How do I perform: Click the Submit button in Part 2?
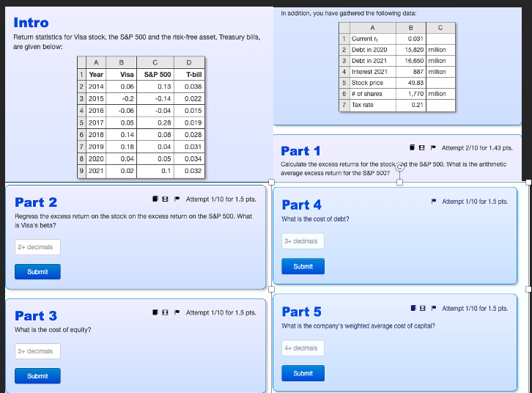37,271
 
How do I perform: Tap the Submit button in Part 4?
303,266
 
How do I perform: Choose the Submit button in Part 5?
303,373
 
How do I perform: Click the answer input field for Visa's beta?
37,247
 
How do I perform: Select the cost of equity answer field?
37,351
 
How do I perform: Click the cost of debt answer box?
303,241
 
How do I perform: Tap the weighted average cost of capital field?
303,348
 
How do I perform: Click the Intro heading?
32,23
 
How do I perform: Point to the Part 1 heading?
300,151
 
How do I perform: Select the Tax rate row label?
362,105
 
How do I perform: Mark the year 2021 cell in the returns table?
96,171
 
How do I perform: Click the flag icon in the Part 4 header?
434,201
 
